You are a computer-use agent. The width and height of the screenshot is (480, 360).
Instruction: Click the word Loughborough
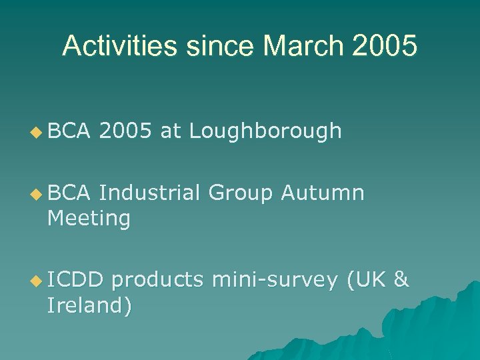tap(265, 132)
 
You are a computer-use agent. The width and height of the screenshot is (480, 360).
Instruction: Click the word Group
tap(241, 193)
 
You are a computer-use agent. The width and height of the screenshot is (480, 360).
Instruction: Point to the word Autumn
tap(323, 193)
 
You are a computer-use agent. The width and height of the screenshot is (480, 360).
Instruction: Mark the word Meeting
tap(89, 218)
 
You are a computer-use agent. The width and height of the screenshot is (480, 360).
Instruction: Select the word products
tap(157, 281)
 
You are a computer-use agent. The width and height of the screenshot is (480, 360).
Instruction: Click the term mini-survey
tap(274, 281)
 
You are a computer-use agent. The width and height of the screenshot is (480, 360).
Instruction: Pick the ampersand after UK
tap(401, 281)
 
